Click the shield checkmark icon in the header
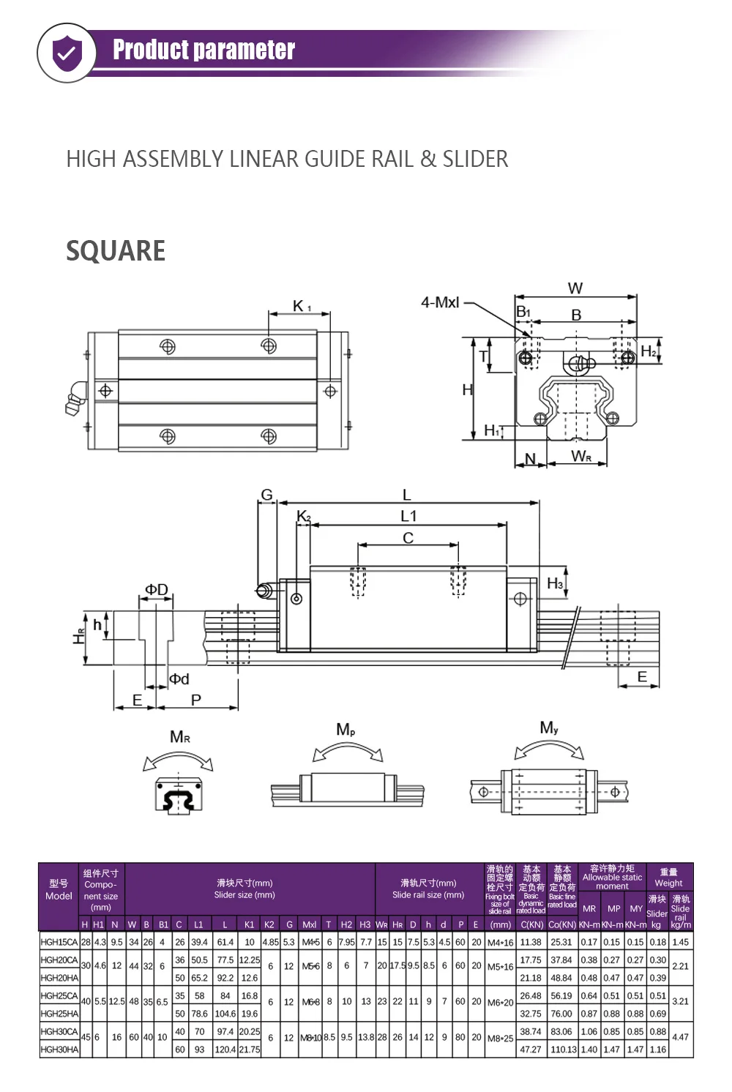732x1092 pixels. click(x=67, y=53)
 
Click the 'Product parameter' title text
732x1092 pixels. click(x=203, y=50)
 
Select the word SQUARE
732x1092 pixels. click(x=116, y=251)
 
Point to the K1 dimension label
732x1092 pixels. click(x=301, y=306)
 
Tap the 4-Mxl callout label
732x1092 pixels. click(x=440, y=302)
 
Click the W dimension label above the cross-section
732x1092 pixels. click(x=575, y=288)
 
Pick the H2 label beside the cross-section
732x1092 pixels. click(x=649, y=351)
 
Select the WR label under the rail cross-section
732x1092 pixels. click(x=580, y=457)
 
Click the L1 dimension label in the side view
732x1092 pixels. click(x=408, y=516)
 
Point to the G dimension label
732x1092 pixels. click(x=266, y=495)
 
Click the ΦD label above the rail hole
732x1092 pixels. click(x=156, y=590)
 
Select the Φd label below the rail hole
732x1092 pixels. click(x=179, y=679)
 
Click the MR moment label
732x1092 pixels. click(x=180, y=737)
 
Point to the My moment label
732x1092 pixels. click(x=549, y=728)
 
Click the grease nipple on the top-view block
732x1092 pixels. click(x=75, y=397)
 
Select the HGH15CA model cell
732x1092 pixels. click(x=59, y=942)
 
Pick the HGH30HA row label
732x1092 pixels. click(x=59, y=1050)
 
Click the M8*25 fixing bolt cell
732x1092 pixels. click(x=501, y=1038)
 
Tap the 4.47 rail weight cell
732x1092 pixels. click(x=680, y=1037)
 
